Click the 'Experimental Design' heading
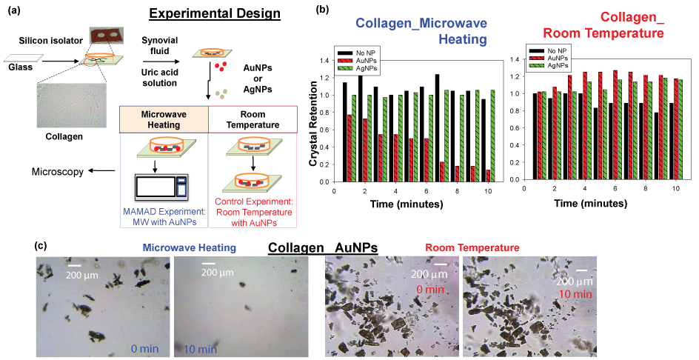point(215,13)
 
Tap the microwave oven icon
point(162,187)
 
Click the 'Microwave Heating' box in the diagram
point(164,119)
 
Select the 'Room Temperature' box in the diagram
point(252,119)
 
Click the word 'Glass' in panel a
point(21,67)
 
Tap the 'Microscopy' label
point(58,172)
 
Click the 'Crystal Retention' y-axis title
point(313,124)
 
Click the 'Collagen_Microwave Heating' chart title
point(421,31)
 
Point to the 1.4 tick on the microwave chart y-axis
point(325,61)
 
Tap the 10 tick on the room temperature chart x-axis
point(676,188)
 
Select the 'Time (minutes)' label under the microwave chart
point(407,204)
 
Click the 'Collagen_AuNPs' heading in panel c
point(323,248)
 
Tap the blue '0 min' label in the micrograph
point(145,348)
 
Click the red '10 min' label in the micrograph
point(575,293)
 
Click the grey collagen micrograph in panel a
point(72,105)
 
